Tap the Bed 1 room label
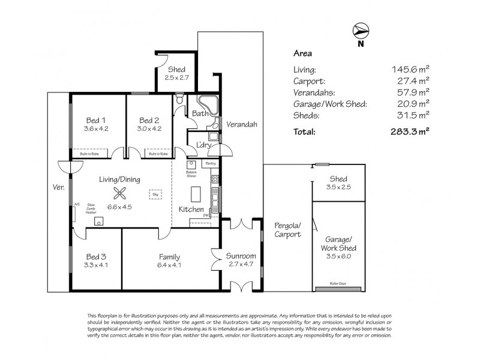92,119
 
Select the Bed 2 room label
147,119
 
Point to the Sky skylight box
155,194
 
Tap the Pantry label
211,163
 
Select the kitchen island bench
195,194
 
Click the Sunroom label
241,256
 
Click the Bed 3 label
95,256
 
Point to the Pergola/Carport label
287,230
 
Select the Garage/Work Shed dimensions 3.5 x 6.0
340,256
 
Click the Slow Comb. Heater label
91,208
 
